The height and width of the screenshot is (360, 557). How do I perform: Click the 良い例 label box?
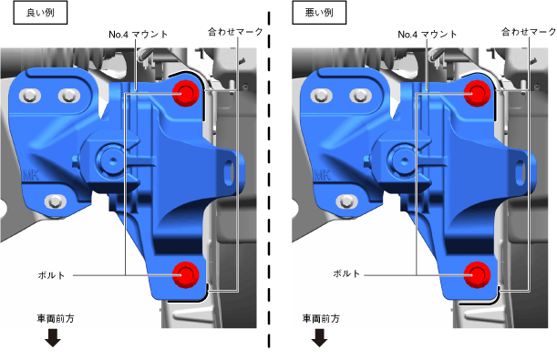tap(40, 13)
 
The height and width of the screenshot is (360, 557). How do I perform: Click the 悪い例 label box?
tap(319, 13)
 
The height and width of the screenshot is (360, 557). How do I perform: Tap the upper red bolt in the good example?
tap(185, 93)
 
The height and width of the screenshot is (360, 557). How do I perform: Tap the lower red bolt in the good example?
tap(185, 275)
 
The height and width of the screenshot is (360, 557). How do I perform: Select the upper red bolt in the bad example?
tap(477, 93)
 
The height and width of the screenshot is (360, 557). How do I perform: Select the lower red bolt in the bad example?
tap(477, 275)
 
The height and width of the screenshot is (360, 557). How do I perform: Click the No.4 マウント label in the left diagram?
tap(139, 35)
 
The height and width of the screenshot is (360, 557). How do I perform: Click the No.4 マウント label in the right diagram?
tap(428, 35)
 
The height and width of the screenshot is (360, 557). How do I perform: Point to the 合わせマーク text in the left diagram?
tap(235, 32)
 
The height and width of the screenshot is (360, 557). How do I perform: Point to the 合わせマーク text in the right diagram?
tap(529, 32)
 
